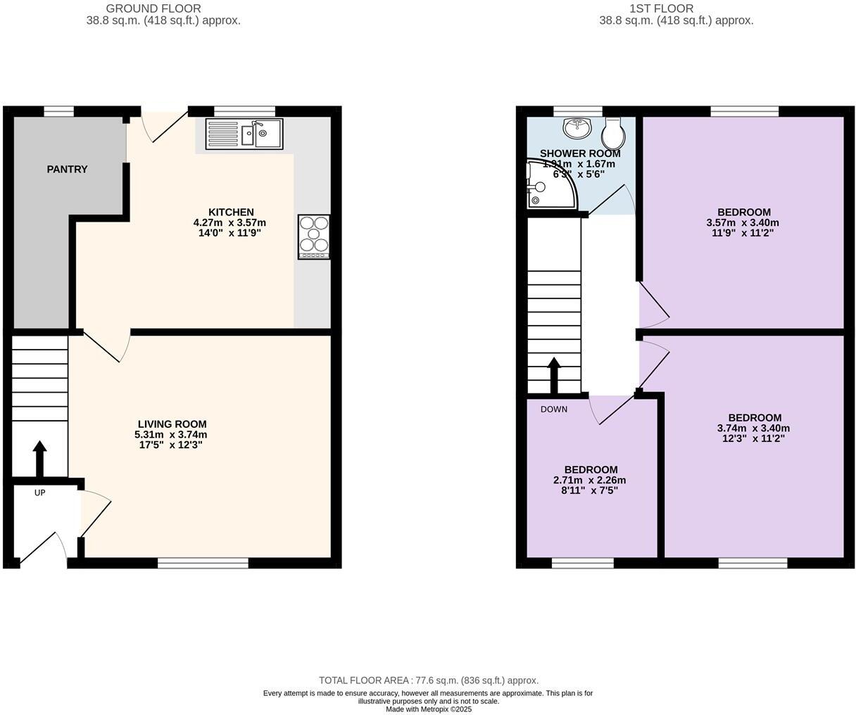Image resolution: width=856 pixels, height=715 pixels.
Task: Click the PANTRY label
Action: click(x=68, y=170)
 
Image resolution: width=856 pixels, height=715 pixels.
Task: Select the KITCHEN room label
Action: click(x=231, y=213)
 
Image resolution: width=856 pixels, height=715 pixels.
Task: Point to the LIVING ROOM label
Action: click(x=172, y=424)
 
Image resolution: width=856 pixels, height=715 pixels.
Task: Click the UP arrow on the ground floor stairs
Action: click(x=40, y=458)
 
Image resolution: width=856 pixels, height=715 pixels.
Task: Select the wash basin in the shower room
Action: click(x=577, y=128)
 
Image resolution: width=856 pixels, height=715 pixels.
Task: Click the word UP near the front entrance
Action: click(x=39, y=493)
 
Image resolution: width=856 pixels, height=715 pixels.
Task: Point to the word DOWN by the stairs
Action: click(x=554, y=410)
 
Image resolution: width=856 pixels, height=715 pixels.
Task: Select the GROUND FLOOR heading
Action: click(x=153, y=9)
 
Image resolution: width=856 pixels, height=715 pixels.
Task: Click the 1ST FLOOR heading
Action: click(x=661, y=9)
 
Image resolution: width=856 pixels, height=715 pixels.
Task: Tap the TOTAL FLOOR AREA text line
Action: click(x=429, y=681)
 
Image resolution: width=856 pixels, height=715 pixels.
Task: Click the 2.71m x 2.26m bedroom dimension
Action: click(x=589, y=481)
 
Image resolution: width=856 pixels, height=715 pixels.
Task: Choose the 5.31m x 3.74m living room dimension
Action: click(x=172, y=435)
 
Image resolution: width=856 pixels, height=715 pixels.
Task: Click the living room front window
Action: click(x=203, y=562)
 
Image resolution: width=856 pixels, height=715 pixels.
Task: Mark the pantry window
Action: click(x=58, y=110)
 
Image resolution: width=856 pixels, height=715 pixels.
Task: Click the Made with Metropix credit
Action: click(x=429, y=709)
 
